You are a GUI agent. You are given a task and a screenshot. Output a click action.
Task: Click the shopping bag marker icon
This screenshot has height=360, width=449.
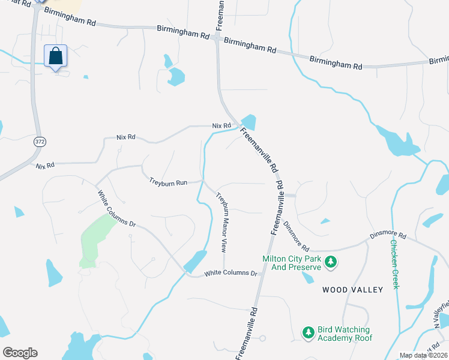(x=55, y=56)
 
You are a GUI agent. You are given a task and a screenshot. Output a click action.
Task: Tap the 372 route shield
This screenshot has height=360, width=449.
(x=38, y=141)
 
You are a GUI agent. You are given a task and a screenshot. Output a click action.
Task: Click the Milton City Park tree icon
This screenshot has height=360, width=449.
(x=330, y=262)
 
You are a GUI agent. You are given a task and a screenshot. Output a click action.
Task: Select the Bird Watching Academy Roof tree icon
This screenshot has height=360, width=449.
(x=309, y=332)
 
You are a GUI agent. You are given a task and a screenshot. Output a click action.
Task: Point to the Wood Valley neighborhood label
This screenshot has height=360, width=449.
(x=352, y=290)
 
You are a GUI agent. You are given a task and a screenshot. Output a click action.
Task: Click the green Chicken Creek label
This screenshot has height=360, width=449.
(x=394, y=264)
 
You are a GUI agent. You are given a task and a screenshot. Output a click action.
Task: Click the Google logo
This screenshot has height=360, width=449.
(x=20, y=353)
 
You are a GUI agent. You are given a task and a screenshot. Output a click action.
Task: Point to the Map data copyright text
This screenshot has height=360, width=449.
(x=423, y=355)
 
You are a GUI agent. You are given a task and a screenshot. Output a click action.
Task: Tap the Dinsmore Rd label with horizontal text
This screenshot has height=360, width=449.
(x=388, y=236)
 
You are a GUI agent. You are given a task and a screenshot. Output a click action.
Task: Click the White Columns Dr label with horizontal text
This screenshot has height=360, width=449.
(x=231, y=273)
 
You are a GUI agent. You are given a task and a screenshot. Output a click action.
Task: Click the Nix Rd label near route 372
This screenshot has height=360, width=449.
(x=45, y=165)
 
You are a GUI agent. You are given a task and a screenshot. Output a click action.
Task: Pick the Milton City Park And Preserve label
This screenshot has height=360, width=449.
(x=292, y=263)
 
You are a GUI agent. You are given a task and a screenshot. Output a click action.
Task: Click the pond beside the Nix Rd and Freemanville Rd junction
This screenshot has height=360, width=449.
(x=249, y=122)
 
